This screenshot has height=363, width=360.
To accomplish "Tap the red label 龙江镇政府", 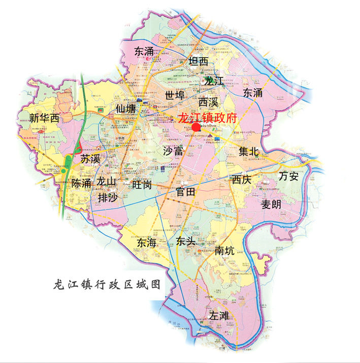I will pos(208,118).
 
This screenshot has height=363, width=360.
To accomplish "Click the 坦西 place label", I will pos(198,62).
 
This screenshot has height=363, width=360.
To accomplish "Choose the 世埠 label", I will pos(175,95).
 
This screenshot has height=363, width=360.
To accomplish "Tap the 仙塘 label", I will pos(125,109).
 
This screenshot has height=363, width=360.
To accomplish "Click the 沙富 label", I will pos(173,151).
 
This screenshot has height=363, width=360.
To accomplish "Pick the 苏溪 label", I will pos(91,159).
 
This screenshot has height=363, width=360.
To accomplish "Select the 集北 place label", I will pos(249,151).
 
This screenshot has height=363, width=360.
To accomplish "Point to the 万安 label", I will pos(289,176).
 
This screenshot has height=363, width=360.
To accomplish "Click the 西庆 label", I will pos(242,179).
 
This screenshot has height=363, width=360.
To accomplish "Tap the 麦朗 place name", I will pos(271,204).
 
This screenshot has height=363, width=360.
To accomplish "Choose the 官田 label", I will pos(185,192).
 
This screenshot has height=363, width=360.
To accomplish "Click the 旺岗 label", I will pos(141,185).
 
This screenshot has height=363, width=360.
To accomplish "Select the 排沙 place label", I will pos(108,197).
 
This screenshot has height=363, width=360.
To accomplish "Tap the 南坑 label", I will pos(225,250).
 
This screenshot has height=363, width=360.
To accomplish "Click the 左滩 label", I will pos(220,315).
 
